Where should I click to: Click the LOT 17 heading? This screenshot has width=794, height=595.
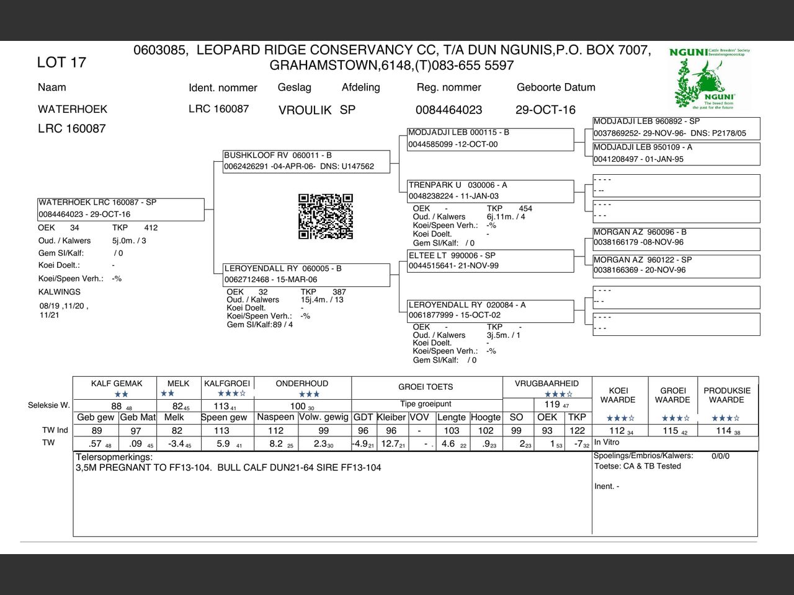coord(61,62)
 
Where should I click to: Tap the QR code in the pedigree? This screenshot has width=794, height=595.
coord(325,216)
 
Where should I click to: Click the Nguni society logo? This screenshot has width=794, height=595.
coord(710,78)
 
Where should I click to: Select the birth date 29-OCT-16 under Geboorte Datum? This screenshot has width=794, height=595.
coord(545,110)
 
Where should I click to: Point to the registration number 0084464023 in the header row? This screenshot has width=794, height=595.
coord(448,110)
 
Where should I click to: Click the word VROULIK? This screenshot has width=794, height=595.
coord(305,110)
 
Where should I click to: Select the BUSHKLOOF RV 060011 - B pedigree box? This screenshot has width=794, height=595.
coord(307,161)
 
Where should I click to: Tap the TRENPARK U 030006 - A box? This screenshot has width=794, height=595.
coord(490,190)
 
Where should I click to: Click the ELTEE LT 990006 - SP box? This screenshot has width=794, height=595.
coord(490,260)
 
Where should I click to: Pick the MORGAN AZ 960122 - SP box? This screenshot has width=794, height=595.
coord(676,265)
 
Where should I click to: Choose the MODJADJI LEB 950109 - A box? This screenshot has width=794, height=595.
coord(676,153)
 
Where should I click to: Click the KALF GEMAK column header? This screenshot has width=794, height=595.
coord(117,384)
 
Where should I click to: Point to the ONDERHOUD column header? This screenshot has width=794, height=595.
coord(302,384)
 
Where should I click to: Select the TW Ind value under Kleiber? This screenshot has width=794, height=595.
coord(391,431)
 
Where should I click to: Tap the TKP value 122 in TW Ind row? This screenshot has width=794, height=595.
coord(577,431)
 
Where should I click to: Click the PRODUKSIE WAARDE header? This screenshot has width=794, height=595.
coord(727,395)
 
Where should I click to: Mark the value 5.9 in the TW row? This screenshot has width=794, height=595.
coord(223,444)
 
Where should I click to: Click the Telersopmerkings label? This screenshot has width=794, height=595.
coord(114,457)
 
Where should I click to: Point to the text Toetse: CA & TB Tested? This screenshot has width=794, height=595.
coord(637,466)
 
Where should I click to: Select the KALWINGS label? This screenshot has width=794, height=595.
coord(60,292)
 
